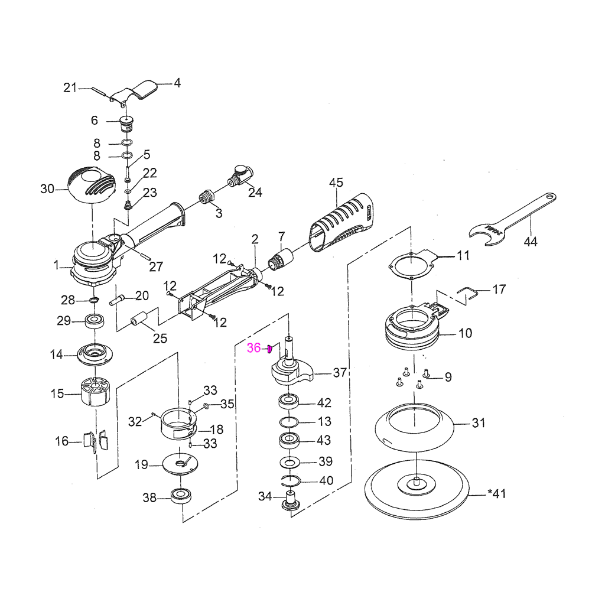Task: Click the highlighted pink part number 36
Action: (253, 348)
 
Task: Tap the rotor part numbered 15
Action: (95, 392)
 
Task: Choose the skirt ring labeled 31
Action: (415, 425)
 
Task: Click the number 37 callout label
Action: (340, 373)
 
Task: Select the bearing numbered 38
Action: (180, 496)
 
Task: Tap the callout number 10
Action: (465, 333)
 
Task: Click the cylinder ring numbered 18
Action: (177, 422)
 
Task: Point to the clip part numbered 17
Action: (469, 292)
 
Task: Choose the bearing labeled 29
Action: (95, 322)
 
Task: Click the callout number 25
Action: (160, 339)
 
